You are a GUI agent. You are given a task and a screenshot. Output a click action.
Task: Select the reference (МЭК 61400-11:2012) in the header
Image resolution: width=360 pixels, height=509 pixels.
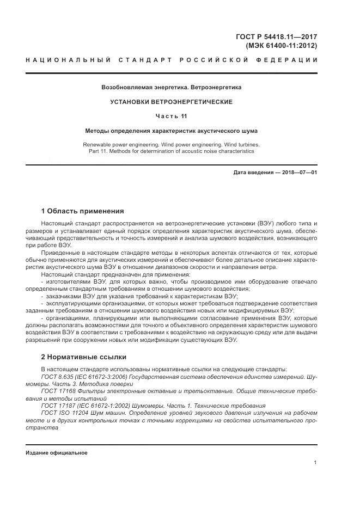tap(281, 46)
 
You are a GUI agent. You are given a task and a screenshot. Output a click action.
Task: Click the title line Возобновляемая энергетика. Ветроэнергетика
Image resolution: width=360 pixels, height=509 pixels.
tap(172, 87)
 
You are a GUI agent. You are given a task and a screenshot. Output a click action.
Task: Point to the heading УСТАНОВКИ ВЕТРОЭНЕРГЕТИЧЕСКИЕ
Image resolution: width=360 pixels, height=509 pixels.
tap(172, 102)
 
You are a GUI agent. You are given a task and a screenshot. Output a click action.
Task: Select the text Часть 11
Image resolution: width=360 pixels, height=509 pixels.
tap(172, 116)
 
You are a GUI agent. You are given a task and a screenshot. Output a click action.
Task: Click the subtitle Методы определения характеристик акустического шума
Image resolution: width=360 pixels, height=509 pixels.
tap(172, 131)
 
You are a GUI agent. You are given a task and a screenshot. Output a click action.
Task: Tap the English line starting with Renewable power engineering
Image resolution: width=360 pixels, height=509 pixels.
tap(172, 144)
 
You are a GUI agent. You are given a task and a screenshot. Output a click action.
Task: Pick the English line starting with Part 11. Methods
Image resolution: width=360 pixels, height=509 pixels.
tap(172, 151)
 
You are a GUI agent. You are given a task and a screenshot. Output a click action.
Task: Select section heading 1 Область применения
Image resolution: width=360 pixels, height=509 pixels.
tap(83, 211)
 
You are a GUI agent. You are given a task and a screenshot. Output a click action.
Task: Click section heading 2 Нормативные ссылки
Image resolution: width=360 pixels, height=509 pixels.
tap(84, 357)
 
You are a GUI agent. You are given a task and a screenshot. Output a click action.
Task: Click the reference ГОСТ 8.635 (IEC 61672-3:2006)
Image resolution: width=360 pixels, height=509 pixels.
tap(81, 377)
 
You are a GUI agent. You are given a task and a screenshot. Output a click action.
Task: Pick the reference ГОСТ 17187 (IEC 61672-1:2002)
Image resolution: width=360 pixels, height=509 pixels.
tap(82, 406)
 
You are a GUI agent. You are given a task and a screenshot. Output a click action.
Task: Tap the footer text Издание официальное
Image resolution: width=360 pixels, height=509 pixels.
tap(57, 453)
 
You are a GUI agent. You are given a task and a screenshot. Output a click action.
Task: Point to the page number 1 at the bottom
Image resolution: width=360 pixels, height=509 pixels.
tap(315, 462)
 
